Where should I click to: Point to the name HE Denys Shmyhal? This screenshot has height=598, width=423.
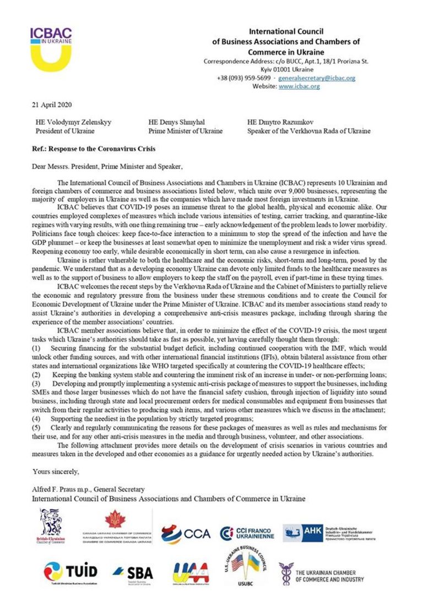pos(175,122)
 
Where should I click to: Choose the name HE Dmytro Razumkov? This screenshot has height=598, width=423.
pos(280,122)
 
